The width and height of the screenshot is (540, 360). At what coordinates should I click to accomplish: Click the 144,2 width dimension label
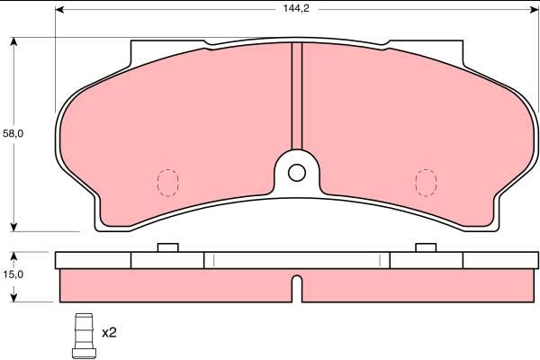pos(296,8)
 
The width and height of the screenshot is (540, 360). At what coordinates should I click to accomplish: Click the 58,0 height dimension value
pos(13,134)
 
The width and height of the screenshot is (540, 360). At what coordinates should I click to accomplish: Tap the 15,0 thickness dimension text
pos(13,274)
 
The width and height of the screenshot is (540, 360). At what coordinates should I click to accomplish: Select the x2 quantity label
pos(109,333)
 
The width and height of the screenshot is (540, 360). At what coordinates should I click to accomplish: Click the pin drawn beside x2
pos(84,336)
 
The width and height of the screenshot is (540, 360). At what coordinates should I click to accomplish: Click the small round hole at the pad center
pos(297,173)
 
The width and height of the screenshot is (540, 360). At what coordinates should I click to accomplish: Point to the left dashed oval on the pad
pos(167,183)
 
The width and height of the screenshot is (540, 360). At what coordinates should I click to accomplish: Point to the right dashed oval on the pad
pos(426,183)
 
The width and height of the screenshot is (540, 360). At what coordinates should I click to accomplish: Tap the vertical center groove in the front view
pos(297,95)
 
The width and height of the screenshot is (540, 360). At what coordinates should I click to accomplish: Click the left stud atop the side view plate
pos(168,247)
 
